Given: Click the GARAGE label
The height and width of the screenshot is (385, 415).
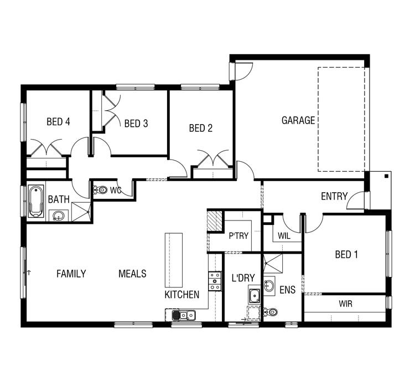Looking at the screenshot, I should (x=298, y=120).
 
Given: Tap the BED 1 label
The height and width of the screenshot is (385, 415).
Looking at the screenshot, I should (x=347, y=255).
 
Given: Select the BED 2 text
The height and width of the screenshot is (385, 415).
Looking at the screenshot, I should (x=201, y=129).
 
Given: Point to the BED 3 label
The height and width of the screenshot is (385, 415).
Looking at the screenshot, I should (x=136, y=124).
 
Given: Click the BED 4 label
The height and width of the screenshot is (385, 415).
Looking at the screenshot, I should (x=58, y=122).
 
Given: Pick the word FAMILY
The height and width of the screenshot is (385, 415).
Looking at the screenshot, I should (x=71, y=274).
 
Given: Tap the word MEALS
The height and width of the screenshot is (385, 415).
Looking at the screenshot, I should (x=132, y=274).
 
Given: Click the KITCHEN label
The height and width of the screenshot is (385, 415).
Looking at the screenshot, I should (x=182, y=295).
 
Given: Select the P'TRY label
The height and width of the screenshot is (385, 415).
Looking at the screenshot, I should (x=238, y=235).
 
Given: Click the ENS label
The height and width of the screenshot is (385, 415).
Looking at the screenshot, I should (x=288, y=290).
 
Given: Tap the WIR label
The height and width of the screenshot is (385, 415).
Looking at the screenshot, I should (x=345, y=304).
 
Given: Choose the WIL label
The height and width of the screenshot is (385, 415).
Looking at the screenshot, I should (x=284, y=236).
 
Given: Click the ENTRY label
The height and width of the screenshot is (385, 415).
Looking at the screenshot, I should (x=334, y=196).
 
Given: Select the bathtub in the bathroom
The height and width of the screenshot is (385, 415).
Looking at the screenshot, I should (x=37, y=201).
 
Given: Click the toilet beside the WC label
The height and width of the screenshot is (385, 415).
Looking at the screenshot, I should (x=100, y=191).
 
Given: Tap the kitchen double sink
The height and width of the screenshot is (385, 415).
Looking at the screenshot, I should (x=183, y=315).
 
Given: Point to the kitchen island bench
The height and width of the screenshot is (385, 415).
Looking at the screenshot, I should (x=173, y=259).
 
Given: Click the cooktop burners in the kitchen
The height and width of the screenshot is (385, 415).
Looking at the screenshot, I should (x=214, y=281).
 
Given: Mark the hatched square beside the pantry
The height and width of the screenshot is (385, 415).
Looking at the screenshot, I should (x=215, y=221).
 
